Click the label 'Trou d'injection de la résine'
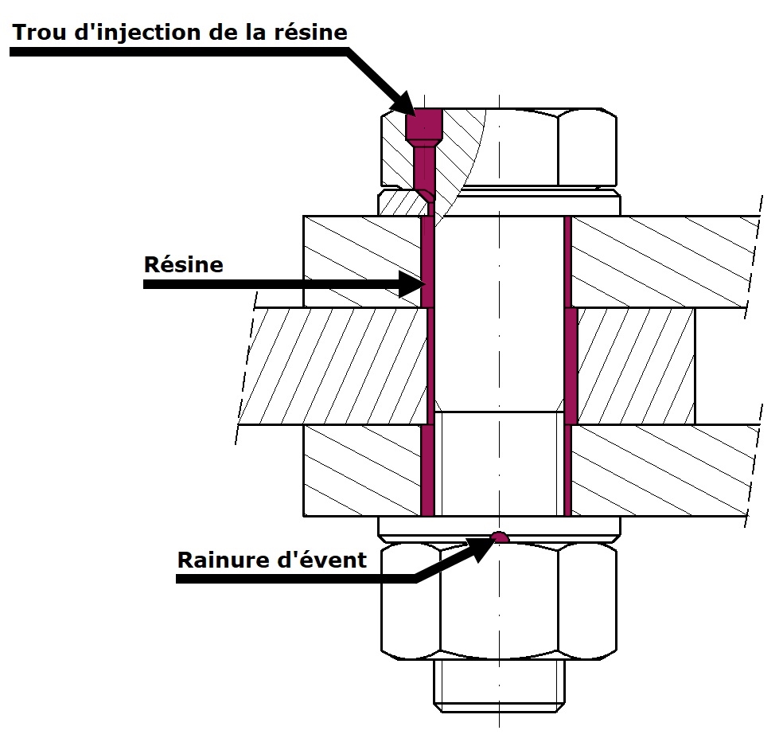[x=180, y=32]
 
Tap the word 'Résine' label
[x=184, y=264]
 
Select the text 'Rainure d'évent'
[x=272, y=560]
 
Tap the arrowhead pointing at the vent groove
[x=480, y=547]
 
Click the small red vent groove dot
[x=499, y=537]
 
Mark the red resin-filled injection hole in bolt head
[x=423, y=127]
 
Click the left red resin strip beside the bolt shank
[x=427, y=366]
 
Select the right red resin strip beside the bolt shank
[x=569, y=366]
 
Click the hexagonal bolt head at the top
[x=509, y=147]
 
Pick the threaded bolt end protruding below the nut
[x=499, y=685]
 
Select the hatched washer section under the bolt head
[x=402, y=202]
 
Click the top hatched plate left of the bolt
[x=362, y=260]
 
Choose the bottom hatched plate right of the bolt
[x=660, y=470]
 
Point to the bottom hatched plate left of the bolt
[x=362, y=470]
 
